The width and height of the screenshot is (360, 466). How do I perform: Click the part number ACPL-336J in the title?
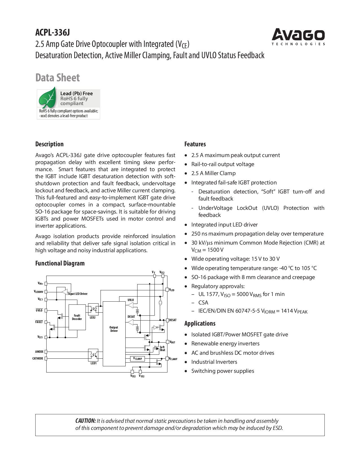pyautogui.click(x=53, y=33)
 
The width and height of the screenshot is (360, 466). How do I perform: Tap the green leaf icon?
pyautogui.click(x=47, y=98)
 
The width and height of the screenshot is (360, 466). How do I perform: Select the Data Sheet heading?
pyautogui.click(x=58, y=78)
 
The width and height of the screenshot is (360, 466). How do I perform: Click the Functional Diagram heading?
pyautogui.click(x=60, y=263)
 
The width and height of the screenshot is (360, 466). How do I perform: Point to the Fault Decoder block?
pyautogui.click(x=77, y=317)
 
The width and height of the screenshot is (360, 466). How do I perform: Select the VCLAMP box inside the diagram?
pyautogui.click(x=138, y=359)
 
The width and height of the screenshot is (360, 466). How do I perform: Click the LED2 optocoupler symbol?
pyautogui.click(x=93, y=309)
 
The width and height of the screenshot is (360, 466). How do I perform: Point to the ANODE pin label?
pyautogui.click(x=39, y=352)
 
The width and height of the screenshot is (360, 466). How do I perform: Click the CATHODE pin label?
pyautogui.click(x=38, y=358)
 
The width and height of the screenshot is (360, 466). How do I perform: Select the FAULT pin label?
pyautogui.click(x=39, y=322)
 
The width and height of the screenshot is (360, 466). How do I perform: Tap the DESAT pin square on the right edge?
pyautogui.click(x=167, y=320)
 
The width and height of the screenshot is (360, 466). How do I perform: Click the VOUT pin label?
pyautogui.click(x=172, y=342)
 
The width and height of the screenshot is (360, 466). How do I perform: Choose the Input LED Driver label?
pyautogui.click(x=78, y=294)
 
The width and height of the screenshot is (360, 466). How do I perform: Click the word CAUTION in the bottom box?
pyautogui.click(x=86, y=421)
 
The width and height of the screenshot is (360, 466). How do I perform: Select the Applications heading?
pyautogui.click(x=200, y=323)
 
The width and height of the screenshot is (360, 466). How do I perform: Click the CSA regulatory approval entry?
pyautogui.click(x=203, y=302)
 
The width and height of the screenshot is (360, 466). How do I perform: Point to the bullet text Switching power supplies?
pyautogui.click(x=222, y=371)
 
